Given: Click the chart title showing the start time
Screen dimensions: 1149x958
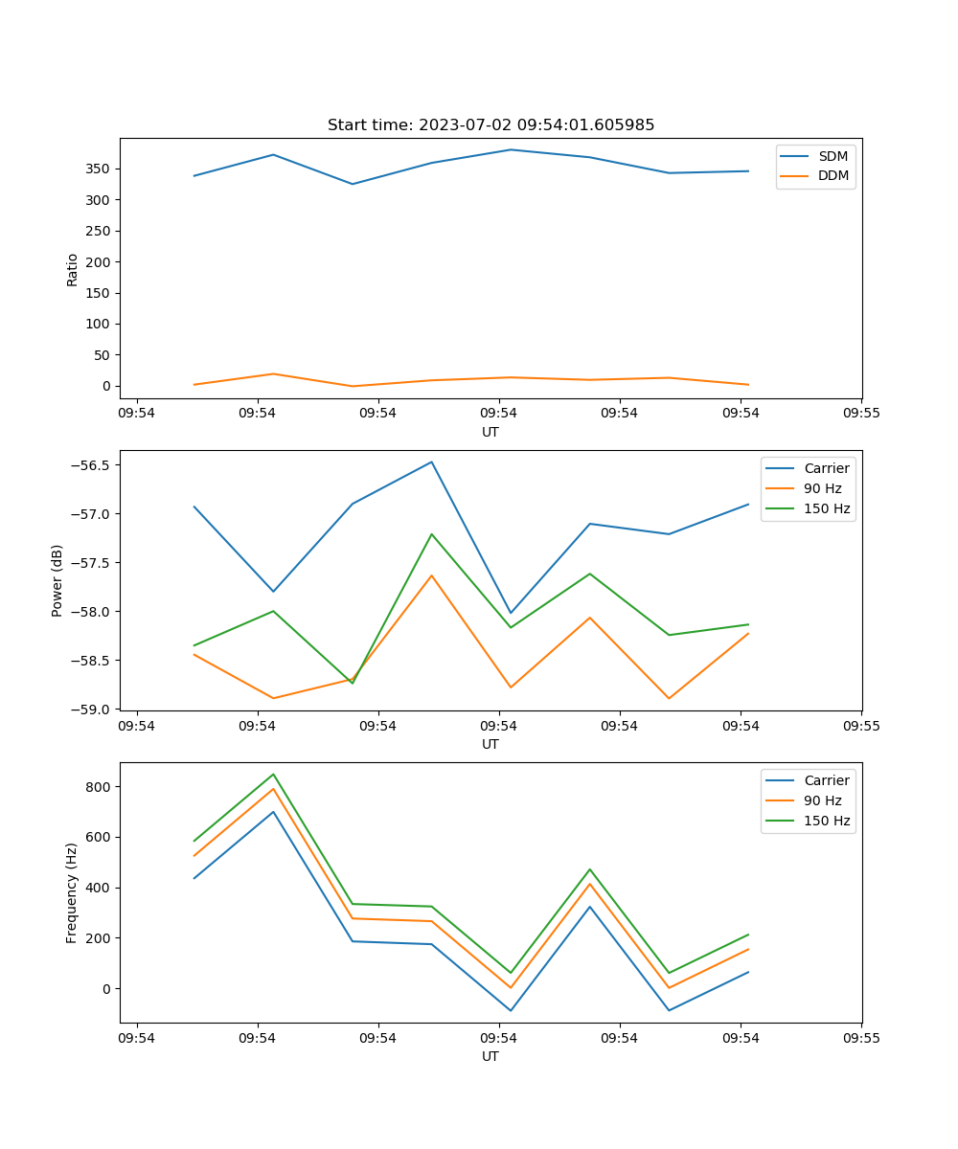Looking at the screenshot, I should pos(490,125).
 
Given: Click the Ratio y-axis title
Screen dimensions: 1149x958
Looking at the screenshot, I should pos(73,269).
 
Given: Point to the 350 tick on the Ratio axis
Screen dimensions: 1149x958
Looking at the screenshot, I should pos(98,169).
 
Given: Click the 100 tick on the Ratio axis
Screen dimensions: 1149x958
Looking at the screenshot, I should pos(98,324).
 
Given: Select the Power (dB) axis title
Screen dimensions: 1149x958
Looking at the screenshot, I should pos(57,580).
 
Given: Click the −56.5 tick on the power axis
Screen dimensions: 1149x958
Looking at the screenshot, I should pos(90,465).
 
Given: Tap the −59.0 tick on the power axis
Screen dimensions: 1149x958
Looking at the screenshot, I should pos(90,710).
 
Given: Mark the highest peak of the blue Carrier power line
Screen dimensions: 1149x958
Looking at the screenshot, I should pos(431,462).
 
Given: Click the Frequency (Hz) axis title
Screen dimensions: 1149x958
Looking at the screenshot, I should pos(71,892).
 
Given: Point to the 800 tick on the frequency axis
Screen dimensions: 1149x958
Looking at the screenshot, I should pos(98,787).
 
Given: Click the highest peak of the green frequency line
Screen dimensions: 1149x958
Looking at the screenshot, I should pos(273,774).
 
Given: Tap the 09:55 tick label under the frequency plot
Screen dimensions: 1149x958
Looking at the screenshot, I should pos(861,1036).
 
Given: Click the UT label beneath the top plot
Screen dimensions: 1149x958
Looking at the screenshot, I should pos(490,432).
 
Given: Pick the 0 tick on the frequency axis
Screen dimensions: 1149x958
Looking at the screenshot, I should pos(105,988).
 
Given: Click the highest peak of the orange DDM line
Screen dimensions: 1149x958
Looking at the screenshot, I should pos(273,373).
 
